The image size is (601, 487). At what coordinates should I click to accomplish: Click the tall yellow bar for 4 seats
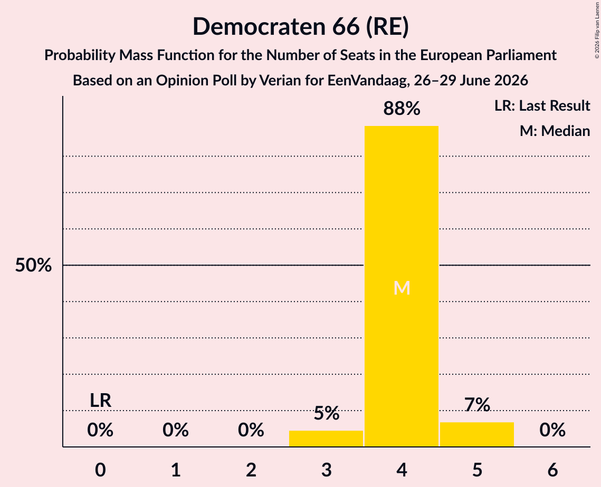[402, 286]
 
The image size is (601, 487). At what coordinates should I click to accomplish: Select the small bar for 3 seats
[326, 439]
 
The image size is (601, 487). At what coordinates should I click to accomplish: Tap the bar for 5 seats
[477, 434]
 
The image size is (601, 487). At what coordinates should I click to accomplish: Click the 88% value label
[402, 109]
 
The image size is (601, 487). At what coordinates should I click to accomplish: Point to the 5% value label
[326, 413]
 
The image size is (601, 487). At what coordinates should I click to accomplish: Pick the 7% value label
[477, 405]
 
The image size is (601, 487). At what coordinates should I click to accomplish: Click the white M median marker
[402, 288]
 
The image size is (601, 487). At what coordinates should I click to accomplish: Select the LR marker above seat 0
[100, 401]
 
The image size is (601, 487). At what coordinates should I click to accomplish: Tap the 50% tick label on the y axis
[33, 265]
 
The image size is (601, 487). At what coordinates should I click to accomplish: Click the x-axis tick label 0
[100, 470]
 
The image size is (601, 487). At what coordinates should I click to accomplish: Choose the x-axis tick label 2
[251, 470]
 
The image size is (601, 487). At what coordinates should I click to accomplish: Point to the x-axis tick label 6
[552, 470]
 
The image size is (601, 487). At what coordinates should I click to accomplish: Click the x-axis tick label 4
[402, 470]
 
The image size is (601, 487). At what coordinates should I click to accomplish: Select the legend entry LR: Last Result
[542, 105]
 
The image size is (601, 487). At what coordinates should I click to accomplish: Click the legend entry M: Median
[555, 131]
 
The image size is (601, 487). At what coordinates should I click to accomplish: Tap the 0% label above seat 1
[176, 430]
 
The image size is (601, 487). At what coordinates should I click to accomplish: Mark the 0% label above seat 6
[552, 430]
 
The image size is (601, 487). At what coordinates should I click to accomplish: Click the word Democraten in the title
[259, 26]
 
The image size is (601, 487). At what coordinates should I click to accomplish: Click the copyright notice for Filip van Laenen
[597, 30]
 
